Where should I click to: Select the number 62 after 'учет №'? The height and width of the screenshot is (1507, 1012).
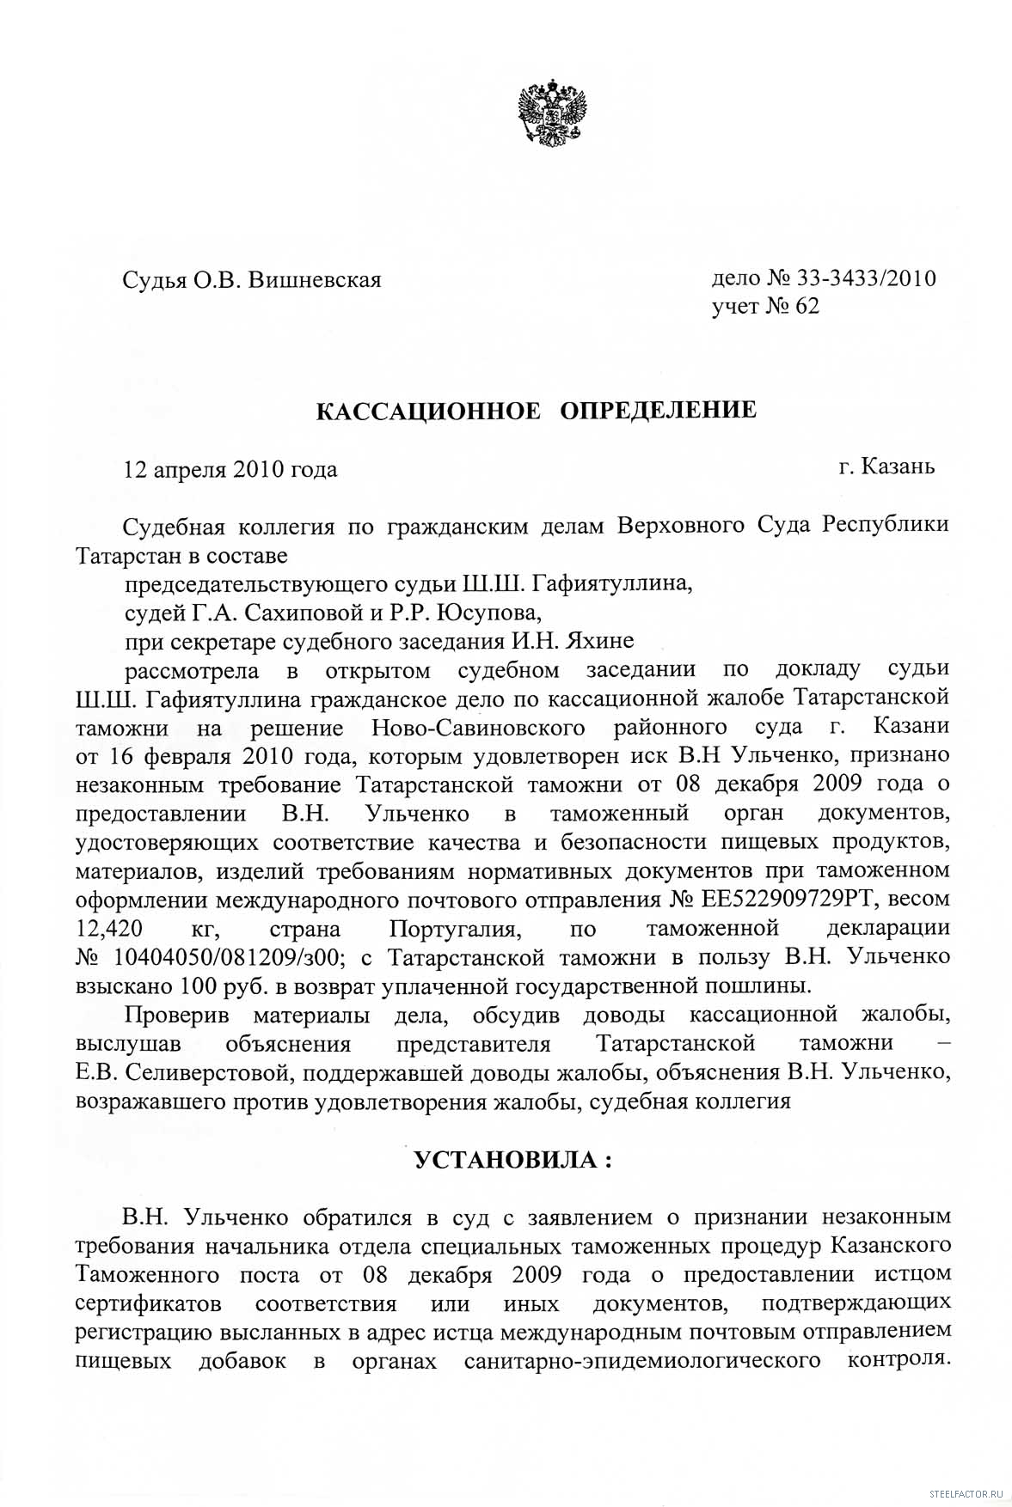coord(807,307)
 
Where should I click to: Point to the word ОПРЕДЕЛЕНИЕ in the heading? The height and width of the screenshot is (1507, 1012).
coord(659,410)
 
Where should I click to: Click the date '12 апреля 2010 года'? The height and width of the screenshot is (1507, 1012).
coord(230,469)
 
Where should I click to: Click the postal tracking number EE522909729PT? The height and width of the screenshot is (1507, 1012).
coord(789,899)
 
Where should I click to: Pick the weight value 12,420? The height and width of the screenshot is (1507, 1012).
coord(109,928)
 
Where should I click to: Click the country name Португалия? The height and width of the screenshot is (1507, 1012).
coord(455,928)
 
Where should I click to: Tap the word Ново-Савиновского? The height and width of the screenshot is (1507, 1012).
coord(478,727)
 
